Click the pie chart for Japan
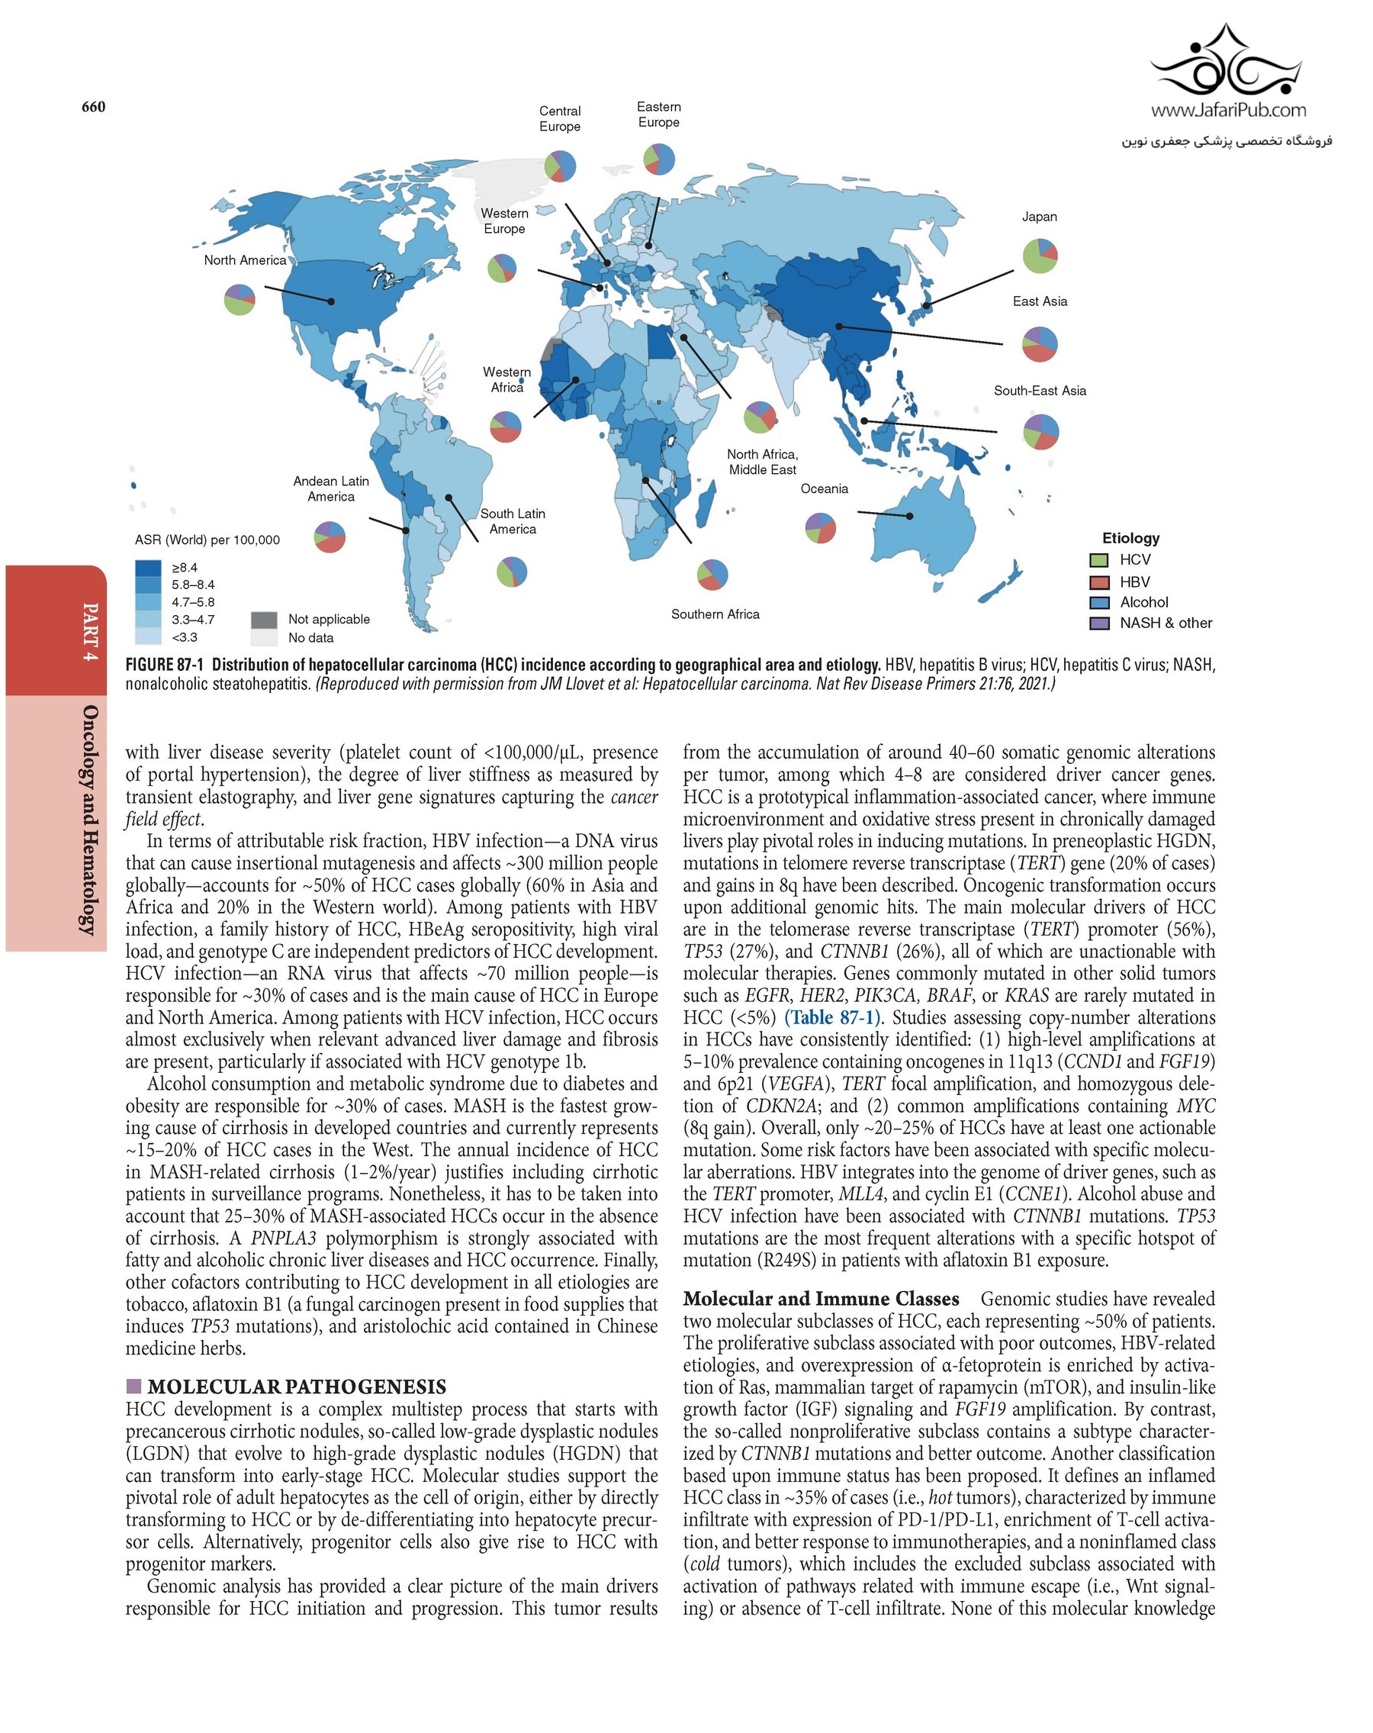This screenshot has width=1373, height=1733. pos(1040,256)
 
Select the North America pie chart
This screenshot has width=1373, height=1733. pos(240,300)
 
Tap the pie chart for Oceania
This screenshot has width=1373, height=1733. pos(820,528)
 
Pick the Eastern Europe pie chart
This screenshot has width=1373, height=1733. pos(659,159)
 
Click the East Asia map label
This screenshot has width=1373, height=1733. pos(1040,301)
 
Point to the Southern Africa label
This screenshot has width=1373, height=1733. pos(715,614)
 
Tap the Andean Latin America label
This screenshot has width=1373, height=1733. pos(331,488)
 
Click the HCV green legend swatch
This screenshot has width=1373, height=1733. pos(1099,560)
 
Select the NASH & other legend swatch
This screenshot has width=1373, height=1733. pos(1099,623)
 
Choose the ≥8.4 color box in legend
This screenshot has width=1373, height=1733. pos(148,568)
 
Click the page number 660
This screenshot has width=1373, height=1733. pos(93,107)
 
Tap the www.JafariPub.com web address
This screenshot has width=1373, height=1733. pos(1228,110)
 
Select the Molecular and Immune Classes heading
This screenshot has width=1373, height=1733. pos(820,1299)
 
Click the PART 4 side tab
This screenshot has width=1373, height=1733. pos(90,632)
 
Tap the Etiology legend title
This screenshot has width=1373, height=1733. pos(1130,538)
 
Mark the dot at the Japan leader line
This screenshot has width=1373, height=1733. pos(926,305)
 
